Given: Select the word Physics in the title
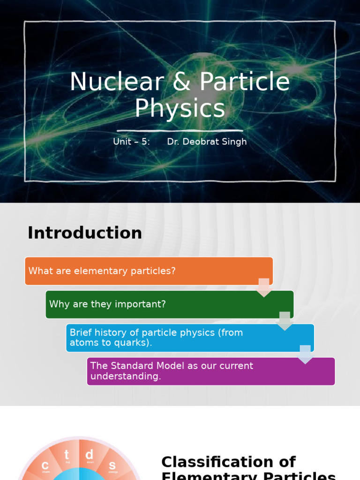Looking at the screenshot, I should pyautogui.click(x=180, y=108).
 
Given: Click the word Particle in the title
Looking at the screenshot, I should pyautogui.click(x=245, y=82).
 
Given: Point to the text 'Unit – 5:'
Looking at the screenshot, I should pyautogui.click(x=132, y=142).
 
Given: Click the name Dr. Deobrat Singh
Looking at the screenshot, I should pyautogui.click(x=207, y=142).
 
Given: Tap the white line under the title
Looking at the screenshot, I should pyautogui.click(x=180, y=131).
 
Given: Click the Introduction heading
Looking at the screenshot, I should pyautogui.click(x=85, y=233).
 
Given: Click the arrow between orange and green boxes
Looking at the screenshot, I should pyautogui.click(x=264, y=287).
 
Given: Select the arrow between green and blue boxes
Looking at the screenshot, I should pyautogui.click(x=285, y=321).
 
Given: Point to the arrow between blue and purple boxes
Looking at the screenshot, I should pyautogui.click(x=305, y=354).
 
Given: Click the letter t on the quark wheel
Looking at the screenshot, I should pyautogui.click(x=67, y=455).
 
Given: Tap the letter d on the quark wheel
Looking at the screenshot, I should pyautogui.click(x=90, y=454).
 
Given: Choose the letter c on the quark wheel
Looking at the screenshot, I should pyautogui.click(x=45, y=465).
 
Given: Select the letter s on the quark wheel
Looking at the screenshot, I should pyautogui.click(x=112, y=465).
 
